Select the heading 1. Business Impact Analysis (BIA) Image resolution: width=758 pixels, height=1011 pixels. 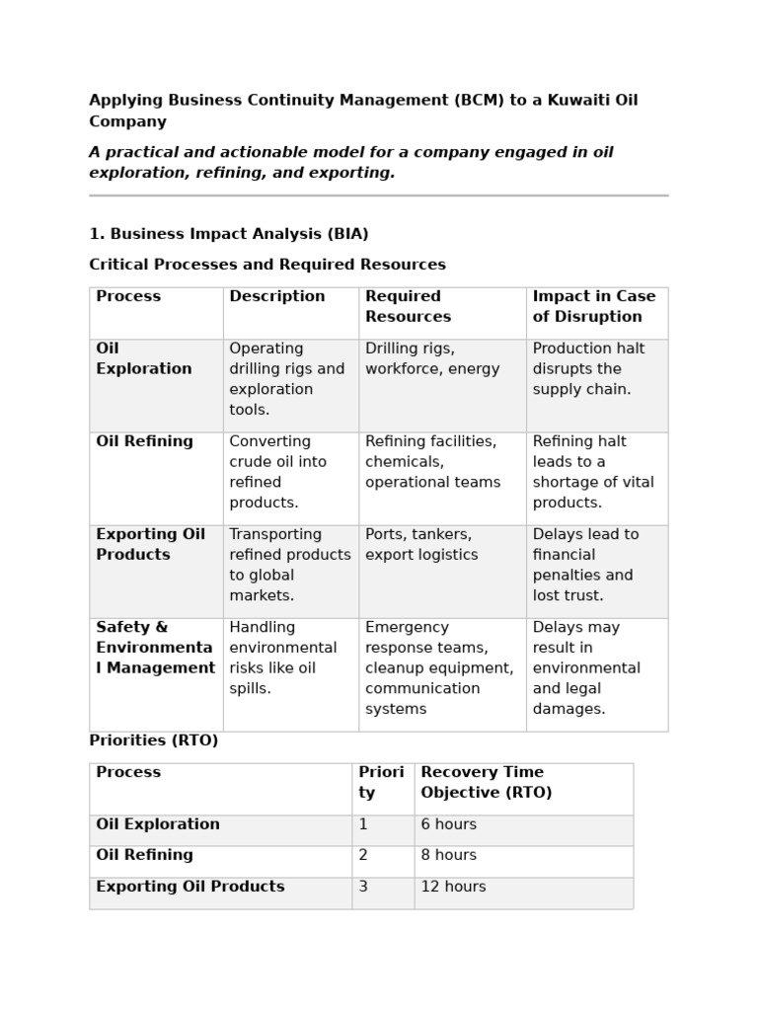[x=228, y=234]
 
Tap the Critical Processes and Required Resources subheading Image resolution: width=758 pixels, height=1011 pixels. [x=266, y=265]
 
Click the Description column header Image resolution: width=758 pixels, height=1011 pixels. [x=276, y=296]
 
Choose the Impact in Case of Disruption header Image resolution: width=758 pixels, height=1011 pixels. [x=593, y=306]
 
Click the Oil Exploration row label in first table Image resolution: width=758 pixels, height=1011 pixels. [x=143, y=358]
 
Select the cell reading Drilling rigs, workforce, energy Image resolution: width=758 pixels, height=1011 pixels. [x=432, y=358]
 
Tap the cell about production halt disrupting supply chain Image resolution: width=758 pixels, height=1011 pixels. [x=581, y=368]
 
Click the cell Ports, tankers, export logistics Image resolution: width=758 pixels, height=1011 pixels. [x=421, y=544]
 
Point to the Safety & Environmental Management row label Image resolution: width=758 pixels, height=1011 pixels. [x=155, y=648]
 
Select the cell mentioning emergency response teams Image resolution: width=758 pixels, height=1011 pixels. [x=438, y=667]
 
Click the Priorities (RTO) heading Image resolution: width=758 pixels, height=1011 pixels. [x=153, y=740]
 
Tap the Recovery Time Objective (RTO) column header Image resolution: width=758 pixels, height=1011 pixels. [x=486, y=782]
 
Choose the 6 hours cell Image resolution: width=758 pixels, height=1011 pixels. [x=448, y=824]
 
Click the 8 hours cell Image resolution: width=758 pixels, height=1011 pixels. [x=448, y=855]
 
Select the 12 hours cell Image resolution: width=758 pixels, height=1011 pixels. [x=453, y=887]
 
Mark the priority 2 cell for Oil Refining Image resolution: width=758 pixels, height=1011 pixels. [x=363, y=855]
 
